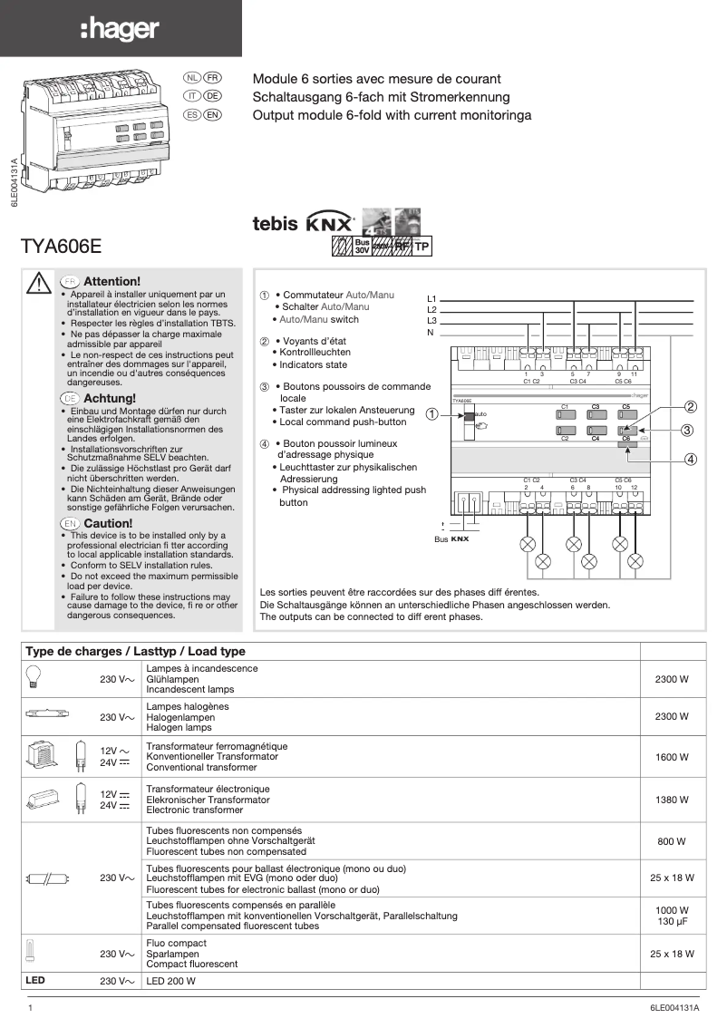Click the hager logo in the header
(x=120, y=30)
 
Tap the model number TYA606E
(x=61, y=246)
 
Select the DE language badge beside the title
(x=212, y=96)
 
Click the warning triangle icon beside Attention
(x=39, y=283)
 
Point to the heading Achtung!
(x=110, y=398)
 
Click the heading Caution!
(x=108, y=524)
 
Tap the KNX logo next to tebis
(x=330, y=222)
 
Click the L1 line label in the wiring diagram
(x=432, y=299)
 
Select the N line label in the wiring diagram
(x=431, y=333)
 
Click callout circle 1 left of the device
(x=431, y=414)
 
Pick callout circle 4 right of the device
(x=690, y=459)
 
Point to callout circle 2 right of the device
(x=690, y=407)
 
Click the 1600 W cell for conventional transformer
(x=672, y=757)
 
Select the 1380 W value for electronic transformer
(x=672, y=800)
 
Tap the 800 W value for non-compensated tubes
(x=672, y=841)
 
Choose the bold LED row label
(x=35, y=981)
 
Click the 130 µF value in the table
(x=672, y=922)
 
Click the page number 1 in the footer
(x=32, y=1007)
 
